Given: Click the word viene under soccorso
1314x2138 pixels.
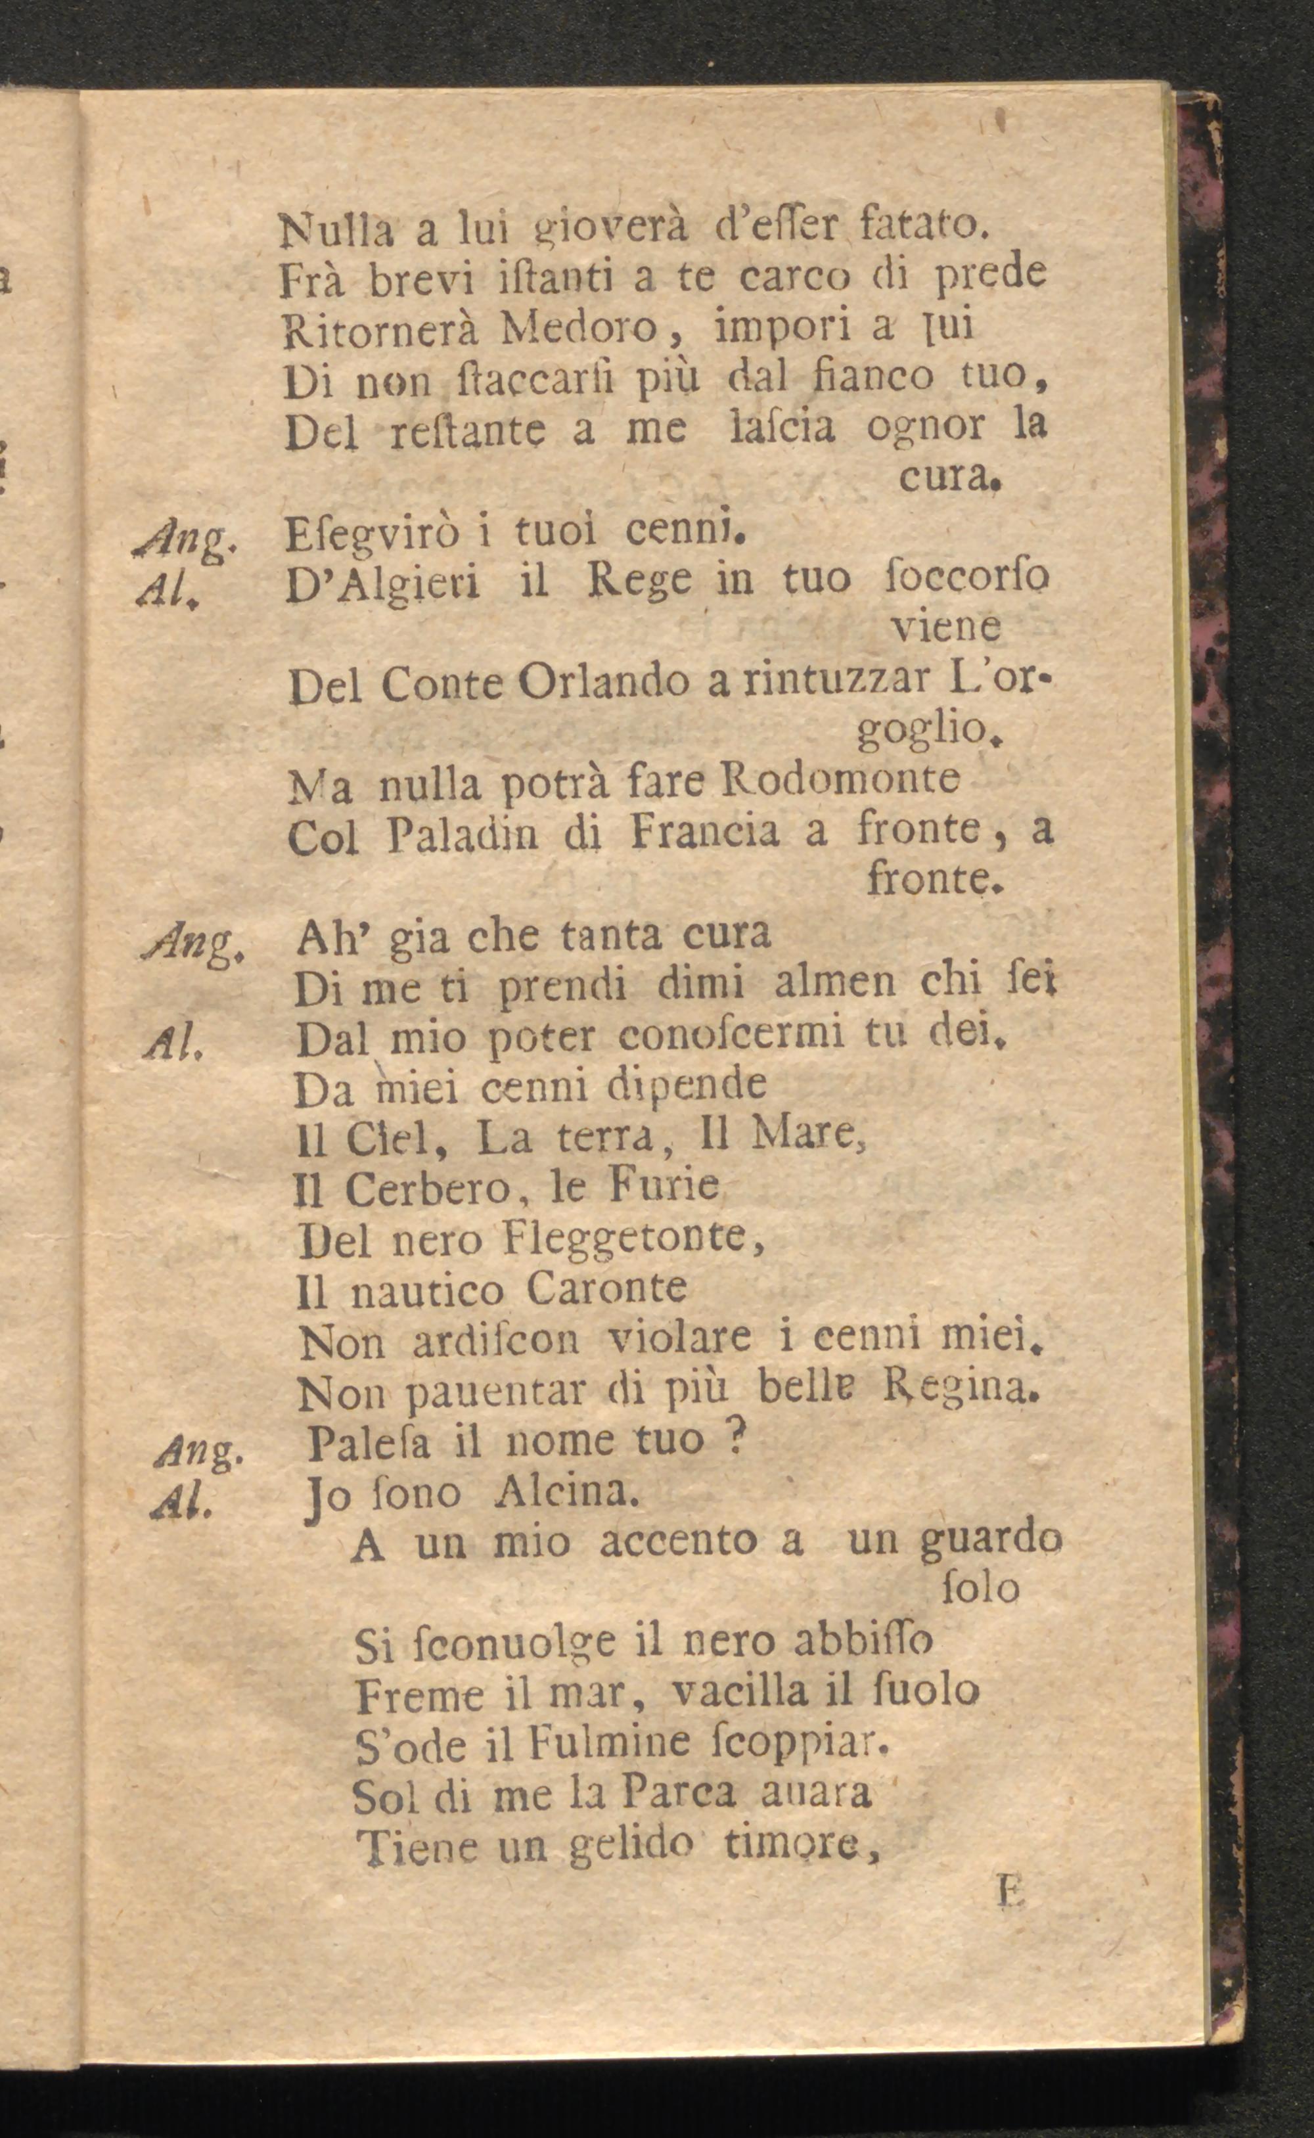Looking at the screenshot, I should click(947, 627).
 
